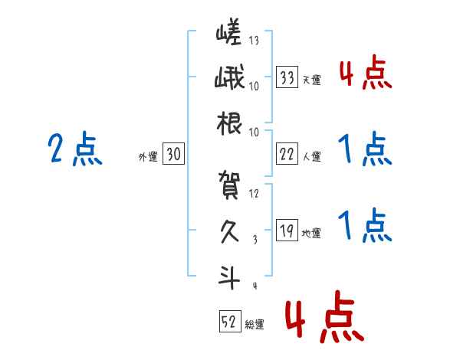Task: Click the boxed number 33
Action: (x=288, y=77)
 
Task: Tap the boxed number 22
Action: (x=288, y=154)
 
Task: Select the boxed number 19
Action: (x=288, y=231)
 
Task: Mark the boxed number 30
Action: (x=173, y=154)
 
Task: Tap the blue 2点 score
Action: (x=74, y=149)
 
